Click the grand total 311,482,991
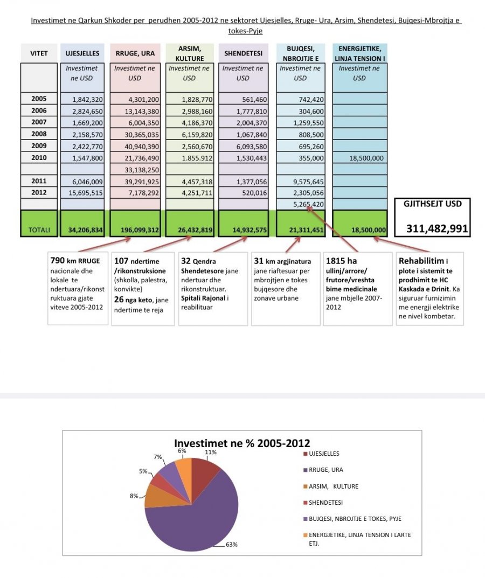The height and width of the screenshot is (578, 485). pyautogui.click(x=437, y=229)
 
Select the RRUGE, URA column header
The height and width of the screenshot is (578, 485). pyautogui.click(x=135, y=53)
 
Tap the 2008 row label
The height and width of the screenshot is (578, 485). pyautogui.click(x=39, y=134)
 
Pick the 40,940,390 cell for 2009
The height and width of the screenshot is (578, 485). pyautogui.click(x=142, y=147)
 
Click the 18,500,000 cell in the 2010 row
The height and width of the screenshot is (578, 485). pyautogui.click(x=366, y=158)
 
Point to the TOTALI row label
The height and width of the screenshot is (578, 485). pyautogui.click(x=39, y=230)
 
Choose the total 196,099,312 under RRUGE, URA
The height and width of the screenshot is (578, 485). pyautogui.click(x=140, y=230)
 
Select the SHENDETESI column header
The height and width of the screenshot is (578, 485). pyautogui.click(x=243, y=53)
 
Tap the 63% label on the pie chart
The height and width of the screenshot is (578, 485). pyautogui.click(x=232, y=545)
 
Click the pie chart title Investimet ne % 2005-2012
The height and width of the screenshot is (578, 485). pyautogui.click(x=242, y=443)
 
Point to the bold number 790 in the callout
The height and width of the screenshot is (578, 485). pyautogui.click(x=58, y=261)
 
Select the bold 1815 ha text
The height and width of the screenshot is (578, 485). pyautogui.click(x=341, y=261)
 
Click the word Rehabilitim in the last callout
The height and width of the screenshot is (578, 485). pyautogui.click(x=421, y=261)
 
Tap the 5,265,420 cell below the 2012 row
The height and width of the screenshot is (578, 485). pyautogui.click(x=308, y=205)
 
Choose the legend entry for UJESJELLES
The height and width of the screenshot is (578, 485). pyautogui.click(x=321, y=454)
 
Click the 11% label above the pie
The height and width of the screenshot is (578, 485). pyautogui.click(x=211, y=452)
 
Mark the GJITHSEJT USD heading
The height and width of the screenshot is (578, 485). pyautogui.click(x=432, y=204)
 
